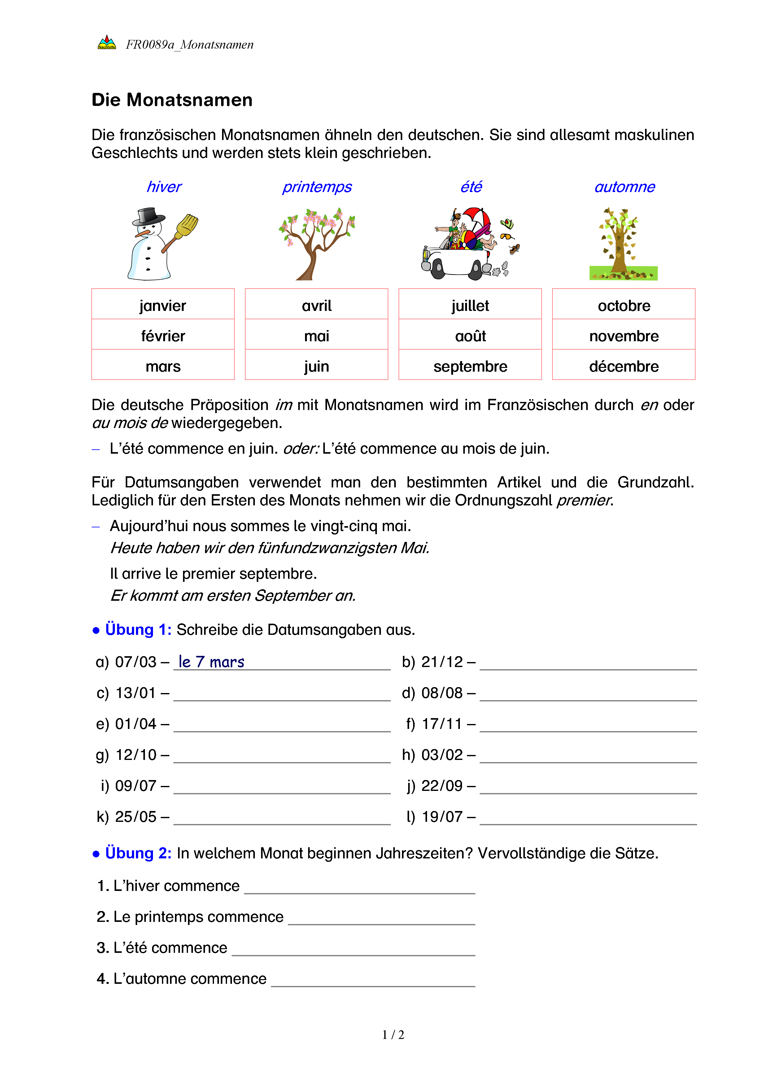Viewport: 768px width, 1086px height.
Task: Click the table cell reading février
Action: [x=163, y=336]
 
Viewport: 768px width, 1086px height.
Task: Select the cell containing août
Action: [x=470, y=336]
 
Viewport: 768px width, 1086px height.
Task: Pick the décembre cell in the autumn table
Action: [x=623, y=366]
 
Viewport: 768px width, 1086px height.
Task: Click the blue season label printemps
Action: [x=316, y=187]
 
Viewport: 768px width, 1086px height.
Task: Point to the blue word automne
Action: [x=624, y=187]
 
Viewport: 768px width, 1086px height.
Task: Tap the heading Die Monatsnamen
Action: [x=172, y=100]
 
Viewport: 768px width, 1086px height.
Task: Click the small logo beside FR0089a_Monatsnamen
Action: [x=107, y=43]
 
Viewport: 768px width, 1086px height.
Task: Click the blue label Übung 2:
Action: [x=138, y=853]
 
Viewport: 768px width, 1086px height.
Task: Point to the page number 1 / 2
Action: [x=393, y=1035]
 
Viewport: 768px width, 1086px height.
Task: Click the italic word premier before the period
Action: [x=583, y=500]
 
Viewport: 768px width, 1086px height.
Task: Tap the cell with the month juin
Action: [x=316, y=366]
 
